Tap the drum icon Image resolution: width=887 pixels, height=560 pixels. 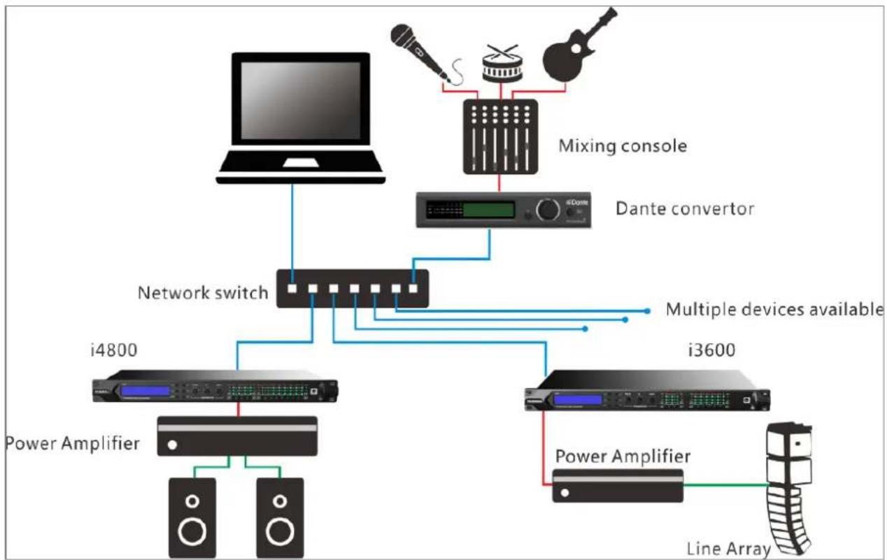pyautogui.click(x=502, y=64)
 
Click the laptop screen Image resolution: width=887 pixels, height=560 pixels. pyautogui.click(x=301, y=101)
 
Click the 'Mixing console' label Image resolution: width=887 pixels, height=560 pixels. pyautogui.click(x=623, y=146)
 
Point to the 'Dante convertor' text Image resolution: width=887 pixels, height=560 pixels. pyautogui.click(x=685, y=208)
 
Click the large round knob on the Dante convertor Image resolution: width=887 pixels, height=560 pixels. pyautogui.click(x=548, y=210)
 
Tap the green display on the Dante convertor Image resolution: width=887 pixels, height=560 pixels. pyautogui.click(x=489, y=210)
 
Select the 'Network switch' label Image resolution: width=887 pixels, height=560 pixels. pyautogui.click(x=203, y=293)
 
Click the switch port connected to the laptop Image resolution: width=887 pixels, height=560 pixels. pyautogui.click(x=292, y=288)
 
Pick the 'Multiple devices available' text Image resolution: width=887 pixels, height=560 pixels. pyautogui.click(x=774, y=309)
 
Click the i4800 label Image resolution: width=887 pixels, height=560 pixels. pyautogui.click(x=114, y=350)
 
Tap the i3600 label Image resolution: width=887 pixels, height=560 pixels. pyautogui.click(x=711, y=350)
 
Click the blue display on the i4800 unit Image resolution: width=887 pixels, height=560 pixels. pyautogui.click(x=146, y=392)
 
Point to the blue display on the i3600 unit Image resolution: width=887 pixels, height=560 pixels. pyautogui.click(x=578, y=400)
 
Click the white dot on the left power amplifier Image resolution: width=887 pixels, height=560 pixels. pyautogui.click(x=172, y=445)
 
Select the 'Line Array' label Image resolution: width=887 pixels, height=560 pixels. pyautogui.click(x=729, y=549)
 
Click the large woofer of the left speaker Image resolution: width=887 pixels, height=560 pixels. pyautogui.click(x=192, y=531)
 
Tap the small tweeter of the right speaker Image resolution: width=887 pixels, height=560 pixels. pyautogui.click(x=280, y=501)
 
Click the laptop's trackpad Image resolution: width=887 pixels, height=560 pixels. pyautogui.click(x=301, y=163)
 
